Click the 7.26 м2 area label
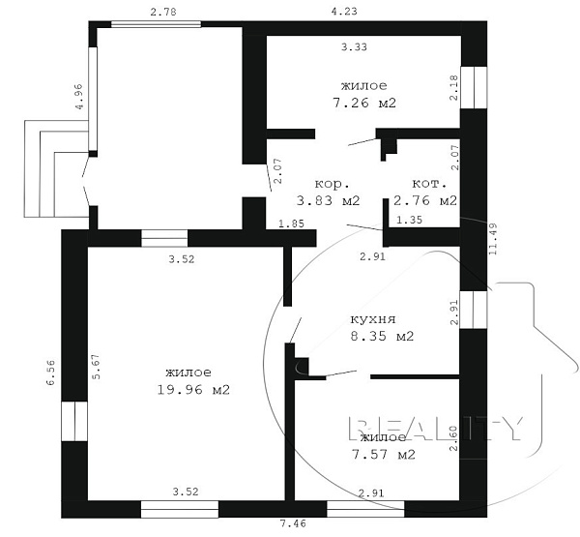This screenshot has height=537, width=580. (364, 103)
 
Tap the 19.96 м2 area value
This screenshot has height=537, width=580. (193, 390)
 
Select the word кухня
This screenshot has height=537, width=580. (373, 319)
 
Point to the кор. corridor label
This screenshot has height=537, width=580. (332, 184)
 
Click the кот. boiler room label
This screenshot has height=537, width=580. (429, 184)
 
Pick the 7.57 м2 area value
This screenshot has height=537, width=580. (383, 455)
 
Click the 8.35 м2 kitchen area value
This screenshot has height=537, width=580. (382, 336)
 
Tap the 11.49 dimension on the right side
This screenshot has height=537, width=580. (493, 239)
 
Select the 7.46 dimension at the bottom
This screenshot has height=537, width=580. (293, 523)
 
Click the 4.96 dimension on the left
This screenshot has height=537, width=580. (79, 97)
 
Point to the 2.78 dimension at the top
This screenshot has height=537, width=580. (163, 13)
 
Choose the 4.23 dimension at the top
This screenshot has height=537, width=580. (344, 11)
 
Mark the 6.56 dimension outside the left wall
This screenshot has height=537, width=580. (50, 373)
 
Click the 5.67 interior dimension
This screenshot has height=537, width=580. (96, 367)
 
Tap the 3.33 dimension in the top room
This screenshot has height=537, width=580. (354, 47)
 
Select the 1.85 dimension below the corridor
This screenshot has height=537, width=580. (292, 224)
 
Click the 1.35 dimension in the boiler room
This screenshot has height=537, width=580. (409, 220)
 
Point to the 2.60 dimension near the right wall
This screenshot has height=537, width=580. (453, 438)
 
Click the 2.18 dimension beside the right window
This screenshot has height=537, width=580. (454, 88)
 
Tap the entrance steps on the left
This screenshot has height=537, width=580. (56, 168)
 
